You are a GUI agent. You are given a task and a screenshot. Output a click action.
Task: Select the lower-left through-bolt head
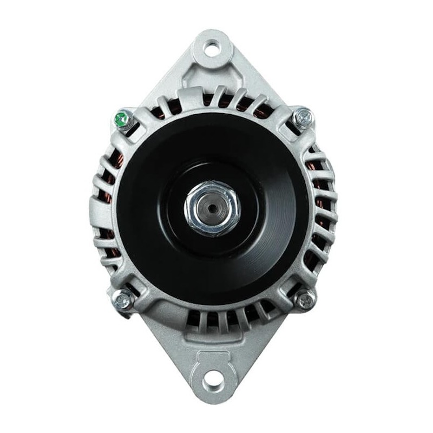[x=123, y=299]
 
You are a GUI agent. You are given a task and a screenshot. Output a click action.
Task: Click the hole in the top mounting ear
[x=212, y=48]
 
